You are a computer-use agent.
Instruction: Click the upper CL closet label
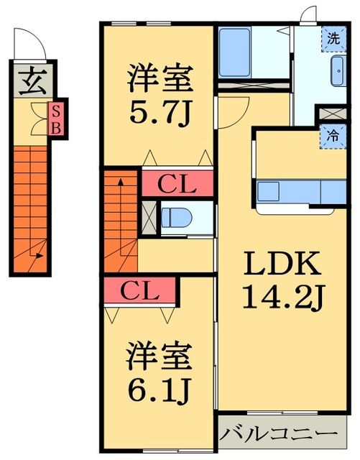point(177,184)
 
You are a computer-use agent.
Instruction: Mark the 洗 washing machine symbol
point(333,39)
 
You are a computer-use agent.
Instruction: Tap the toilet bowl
point(175,217)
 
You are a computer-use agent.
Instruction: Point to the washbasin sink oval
point(336,73)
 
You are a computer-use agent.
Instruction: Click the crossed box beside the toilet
point(149,217)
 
